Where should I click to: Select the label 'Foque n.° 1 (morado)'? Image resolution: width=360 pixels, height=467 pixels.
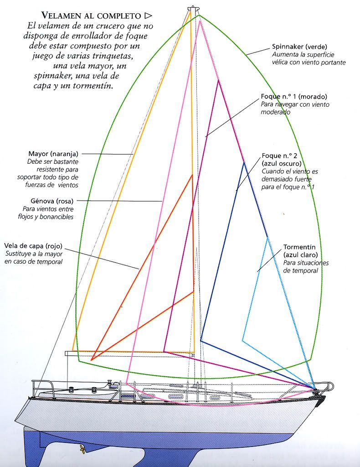tap(294, 97)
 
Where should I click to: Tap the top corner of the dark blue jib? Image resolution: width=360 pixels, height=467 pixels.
tap(244, 162)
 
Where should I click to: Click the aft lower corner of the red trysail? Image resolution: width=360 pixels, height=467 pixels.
tap(92, 360)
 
